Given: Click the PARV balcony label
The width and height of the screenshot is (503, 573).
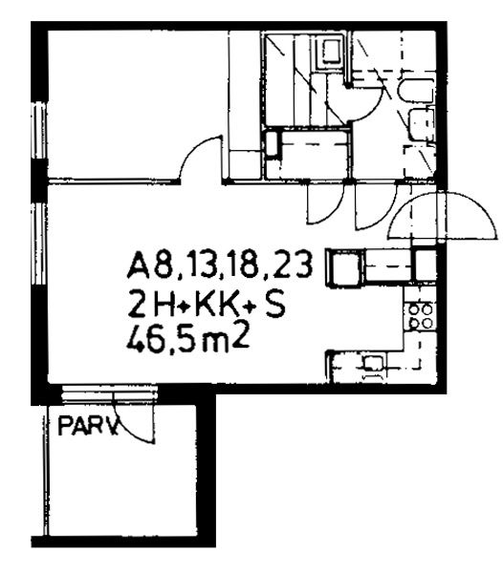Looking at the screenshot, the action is [x=89, y=427].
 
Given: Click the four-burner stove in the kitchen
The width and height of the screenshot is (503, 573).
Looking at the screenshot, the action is [x=420, y=316].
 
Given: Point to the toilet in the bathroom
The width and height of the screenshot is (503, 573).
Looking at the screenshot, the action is [x=417, y=90].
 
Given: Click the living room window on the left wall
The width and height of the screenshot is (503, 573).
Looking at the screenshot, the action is [x=39, y=244].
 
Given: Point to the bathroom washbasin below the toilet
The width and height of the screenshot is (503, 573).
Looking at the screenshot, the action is [x=422, y=124].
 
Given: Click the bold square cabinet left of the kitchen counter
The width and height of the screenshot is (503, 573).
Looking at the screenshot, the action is [x=345, y=266].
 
